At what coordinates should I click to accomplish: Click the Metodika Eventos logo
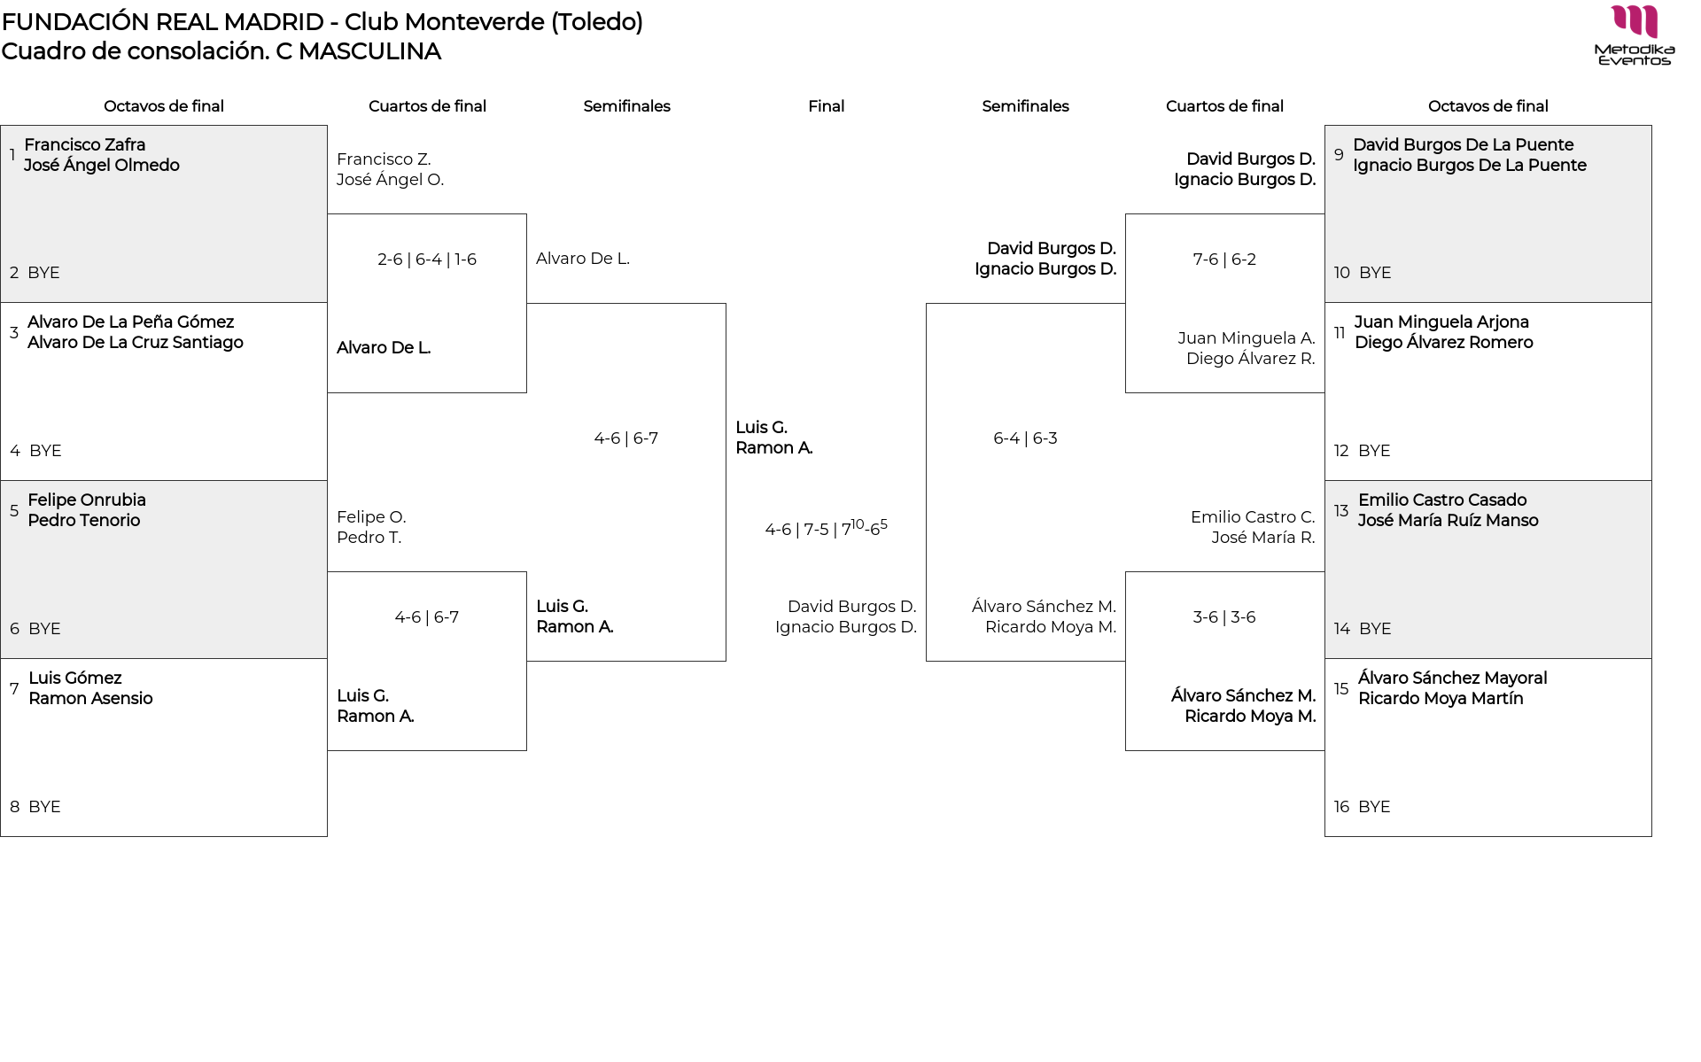tap(1634, 35)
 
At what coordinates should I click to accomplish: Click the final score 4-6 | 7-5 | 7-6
tap(826, 529)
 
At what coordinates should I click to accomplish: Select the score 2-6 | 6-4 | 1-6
tap(427, 260)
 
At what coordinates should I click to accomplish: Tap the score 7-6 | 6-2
tap(1224, 260)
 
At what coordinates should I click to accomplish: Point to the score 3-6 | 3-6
tap(1224, 617)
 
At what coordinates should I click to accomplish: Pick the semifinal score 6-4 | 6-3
tap(1025, 438)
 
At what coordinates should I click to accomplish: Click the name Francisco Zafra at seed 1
tap(84, 144)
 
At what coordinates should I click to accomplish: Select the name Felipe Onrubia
tap(87, 500)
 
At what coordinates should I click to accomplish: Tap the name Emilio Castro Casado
tap(1442, 500)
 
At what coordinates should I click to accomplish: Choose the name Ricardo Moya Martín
tap(1441, 698)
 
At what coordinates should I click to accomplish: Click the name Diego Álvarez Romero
tap(1443, 342)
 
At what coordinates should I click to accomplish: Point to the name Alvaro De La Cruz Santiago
tap(135, 342)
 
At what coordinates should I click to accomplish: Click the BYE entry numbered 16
tap(1373, 807)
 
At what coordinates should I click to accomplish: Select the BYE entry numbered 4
tap(45, 451)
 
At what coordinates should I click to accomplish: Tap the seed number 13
tap(1341, 510)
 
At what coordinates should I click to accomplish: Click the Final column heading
tap(826, 106)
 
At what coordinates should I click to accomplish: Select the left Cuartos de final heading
tap(427, 106)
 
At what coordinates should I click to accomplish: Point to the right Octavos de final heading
tap(1487, 106)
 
